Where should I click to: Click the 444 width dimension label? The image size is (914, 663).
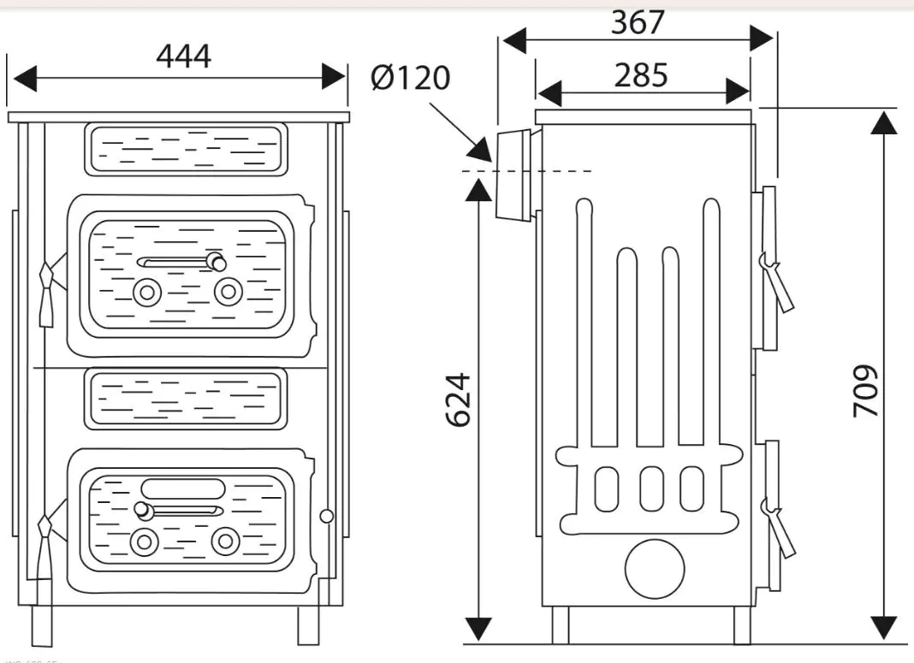tap(183, 56)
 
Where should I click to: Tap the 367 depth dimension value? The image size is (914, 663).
tap(638, 22)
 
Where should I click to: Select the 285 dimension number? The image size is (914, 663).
tap(641, 75)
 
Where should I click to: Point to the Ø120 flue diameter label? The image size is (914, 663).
tap(411, 79)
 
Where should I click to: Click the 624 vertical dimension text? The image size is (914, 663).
tap(460, 399)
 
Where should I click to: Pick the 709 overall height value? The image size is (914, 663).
tap(866, 392)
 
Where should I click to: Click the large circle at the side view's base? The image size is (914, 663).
tap(656, 569)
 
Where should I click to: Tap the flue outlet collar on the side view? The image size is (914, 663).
tap(513, 175)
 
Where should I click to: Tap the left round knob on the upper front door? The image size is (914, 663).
tap(147, 293)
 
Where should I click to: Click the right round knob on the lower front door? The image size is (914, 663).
tap(226, 541)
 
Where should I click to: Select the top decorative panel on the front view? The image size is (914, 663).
tap(185, 149)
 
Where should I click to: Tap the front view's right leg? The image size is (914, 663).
tap(308, 625)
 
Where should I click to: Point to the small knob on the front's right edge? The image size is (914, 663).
tap(325, 516)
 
